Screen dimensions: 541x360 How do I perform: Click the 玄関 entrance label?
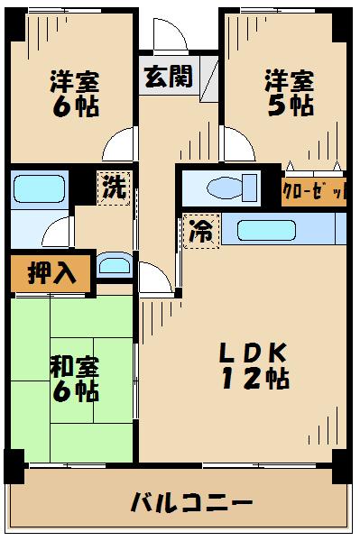point(168,77)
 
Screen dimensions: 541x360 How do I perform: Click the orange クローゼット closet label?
point(312,191)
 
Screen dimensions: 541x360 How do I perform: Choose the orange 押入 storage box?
point(51,272)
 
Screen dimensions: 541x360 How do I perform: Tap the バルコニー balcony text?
point(189,502)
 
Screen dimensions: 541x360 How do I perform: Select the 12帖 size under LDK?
point(256,379)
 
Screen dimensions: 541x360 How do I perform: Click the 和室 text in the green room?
point(74,367)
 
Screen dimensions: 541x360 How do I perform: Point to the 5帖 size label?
point(289,105)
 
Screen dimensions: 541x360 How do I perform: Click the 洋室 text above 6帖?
point(74,80)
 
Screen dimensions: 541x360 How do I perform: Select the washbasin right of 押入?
point(114,265)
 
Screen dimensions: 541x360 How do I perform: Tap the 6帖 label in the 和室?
point(74,392)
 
